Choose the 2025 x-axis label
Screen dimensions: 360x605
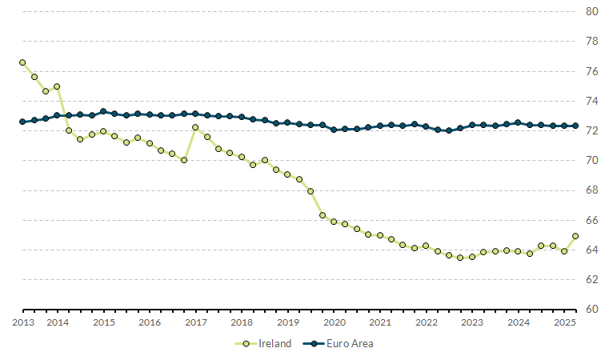[565, 322]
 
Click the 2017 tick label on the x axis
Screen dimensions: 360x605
[195, 322]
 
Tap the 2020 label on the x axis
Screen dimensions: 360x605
[334, 322]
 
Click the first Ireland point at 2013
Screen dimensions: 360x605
[22, 62]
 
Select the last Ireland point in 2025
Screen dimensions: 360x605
[576, 236]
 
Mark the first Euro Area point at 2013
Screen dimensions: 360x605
[22, 122]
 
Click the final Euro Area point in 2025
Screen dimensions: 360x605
[576, 126]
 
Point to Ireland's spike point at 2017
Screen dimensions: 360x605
[195, 127]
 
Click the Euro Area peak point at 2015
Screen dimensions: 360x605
[103, 111]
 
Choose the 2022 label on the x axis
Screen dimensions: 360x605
[427, 322]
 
